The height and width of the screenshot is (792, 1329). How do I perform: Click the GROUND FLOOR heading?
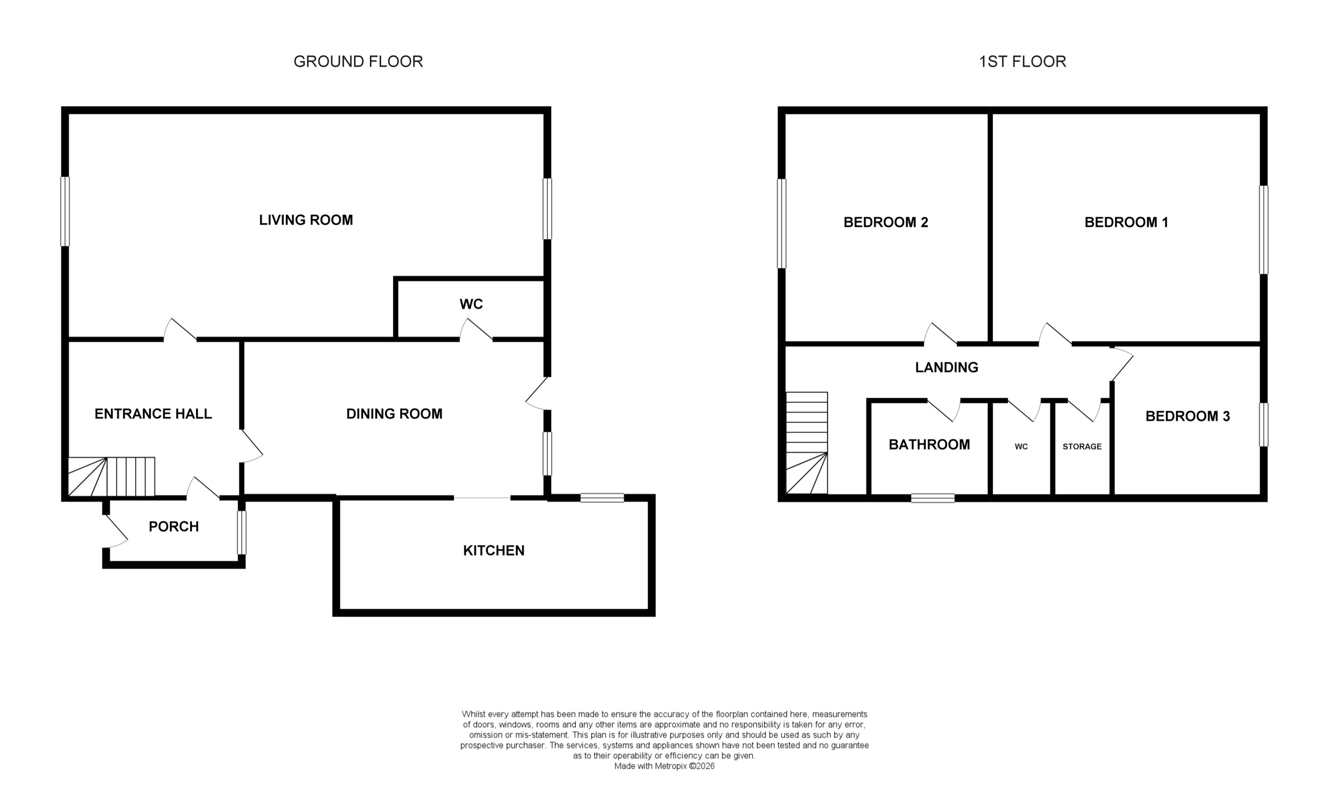pyautogui.click(x=358, y=62)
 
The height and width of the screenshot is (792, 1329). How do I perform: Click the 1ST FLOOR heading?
pyautogui.click(x=1022, y=62)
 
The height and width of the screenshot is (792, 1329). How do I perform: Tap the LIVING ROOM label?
pyautogui.click(x=306, y=220)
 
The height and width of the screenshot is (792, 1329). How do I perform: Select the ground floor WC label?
pyautogui.click(x=471, y=304)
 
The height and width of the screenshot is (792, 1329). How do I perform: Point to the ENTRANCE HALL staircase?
pyautogui.click(x=112, y=476)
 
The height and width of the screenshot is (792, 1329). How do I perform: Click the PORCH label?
pyautogui.click(x=174, y=527)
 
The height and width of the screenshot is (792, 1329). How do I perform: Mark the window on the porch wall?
pyautogui.click(x=242, y=533)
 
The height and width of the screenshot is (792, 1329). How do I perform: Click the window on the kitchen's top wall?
pyautogui.click(x=602, y=498)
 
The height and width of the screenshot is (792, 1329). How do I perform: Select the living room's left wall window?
pyautogui.click(x=65, y=211)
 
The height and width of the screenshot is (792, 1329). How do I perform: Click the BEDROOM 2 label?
pyautogui.click(x=885, y=222)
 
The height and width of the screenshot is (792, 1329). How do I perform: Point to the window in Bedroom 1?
pyautogui.click(x=1263, y=229)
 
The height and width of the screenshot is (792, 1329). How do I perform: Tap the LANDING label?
pyautogui.click(x=946, y=367)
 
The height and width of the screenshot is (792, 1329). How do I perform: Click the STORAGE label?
pyautogui.click(x=1082, y=447)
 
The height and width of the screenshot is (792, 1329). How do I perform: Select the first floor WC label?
pyautogui.click(x=1021, y=447)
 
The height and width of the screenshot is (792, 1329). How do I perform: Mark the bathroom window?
pyautogui.click(x=933, y=498)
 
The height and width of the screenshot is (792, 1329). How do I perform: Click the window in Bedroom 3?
pyautogui.click(x=1263, y=424)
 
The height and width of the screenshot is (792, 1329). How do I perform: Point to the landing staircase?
pyautogui.click(x=807, y=443)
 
